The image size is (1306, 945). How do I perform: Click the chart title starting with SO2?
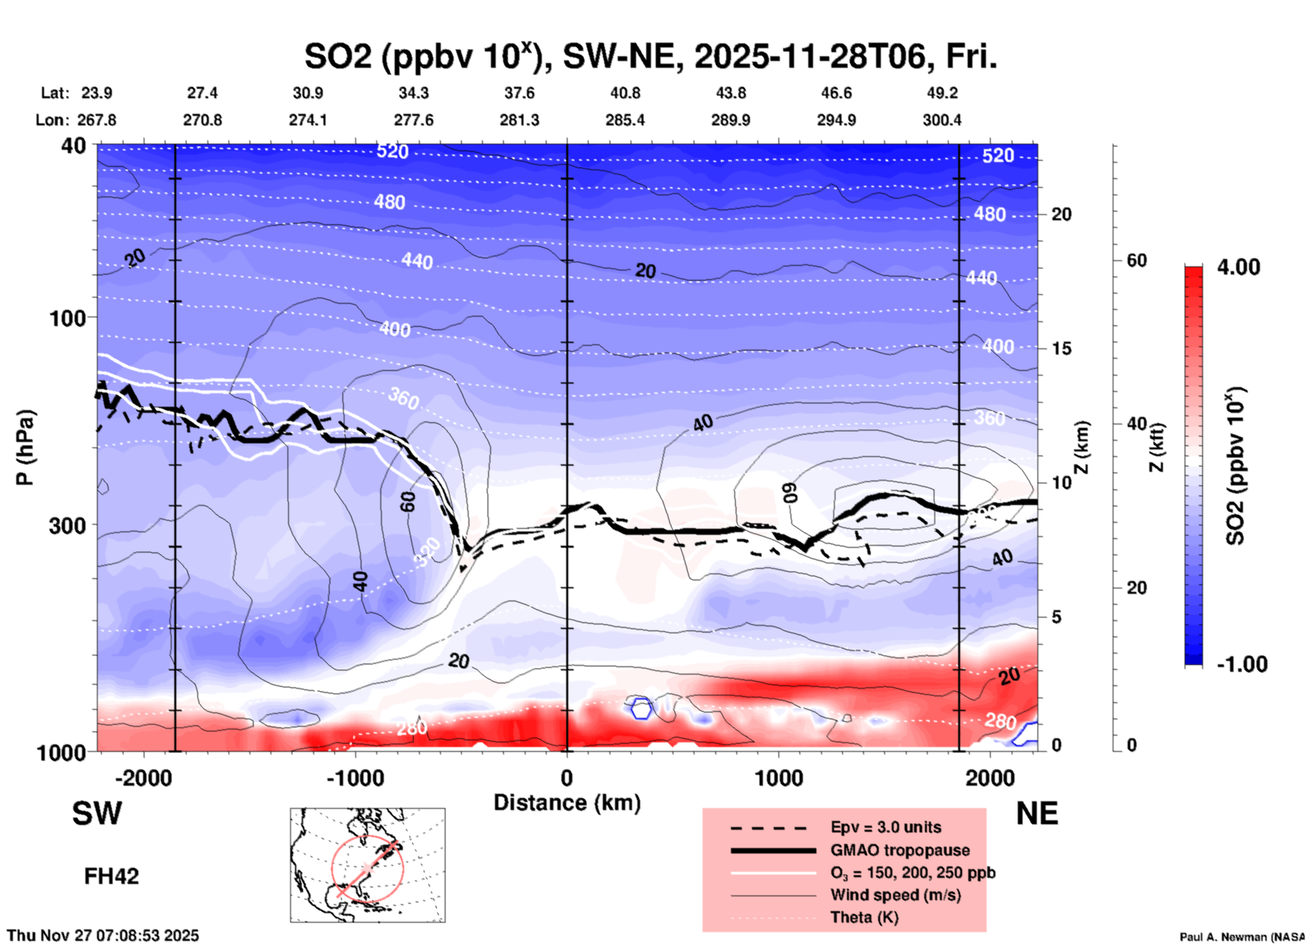tap(651, 57)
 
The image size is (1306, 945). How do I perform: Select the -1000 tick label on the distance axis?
tap(355, 778)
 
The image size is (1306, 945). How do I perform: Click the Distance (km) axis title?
tap(567, 803)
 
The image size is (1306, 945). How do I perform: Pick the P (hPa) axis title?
tap(25, 447)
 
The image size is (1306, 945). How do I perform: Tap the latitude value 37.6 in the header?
tap(519, 93)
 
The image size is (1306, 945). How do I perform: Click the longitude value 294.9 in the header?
tap(836, 120)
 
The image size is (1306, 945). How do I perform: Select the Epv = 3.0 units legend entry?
tap(886, 827)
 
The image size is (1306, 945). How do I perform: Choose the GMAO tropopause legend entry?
tap(900, 850)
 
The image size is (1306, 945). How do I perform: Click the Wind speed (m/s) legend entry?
tap(895, 895)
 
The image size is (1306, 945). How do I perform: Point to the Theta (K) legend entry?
tap(865, 917)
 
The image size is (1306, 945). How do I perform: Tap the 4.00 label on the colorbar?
tap(1238, 267)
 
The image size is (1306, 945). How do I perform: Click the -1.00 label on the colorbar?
tap(1242, 664)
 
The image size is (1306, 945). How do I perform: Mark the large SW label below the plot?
tap(97, 813)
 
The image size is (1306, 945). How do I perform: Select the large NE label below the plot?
tap(1037, 813)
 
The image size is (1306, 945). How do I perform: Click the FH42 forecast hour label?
tap(111, 877)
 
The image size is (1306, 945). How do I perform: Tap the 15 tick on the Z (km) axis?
tap(1061, 348)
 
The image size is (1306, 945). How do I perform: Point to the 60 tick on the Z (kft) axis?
tap(1136, 260)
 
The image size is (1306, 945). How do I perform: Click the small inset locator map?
tap(368, 865)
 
